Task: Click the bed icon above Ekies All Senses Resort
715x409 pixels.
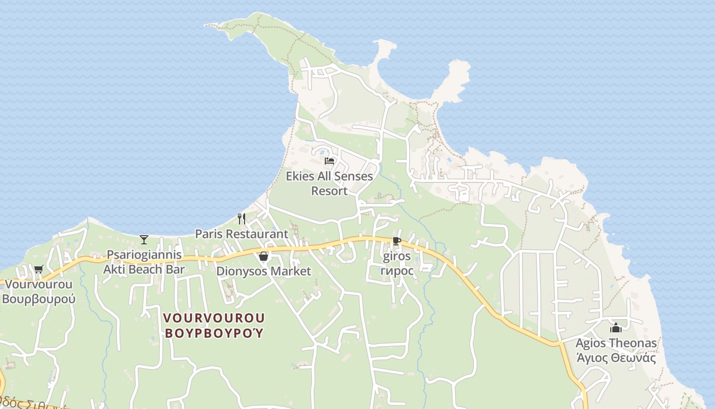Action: [x=329, y=161]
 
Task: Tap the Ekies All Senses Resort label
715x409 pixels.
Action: [x=329, y=177]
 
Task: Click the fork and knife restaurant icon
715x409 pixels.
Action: [x=242, y=219]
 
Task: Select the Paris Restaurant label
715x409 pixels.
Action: [x=242, y=234]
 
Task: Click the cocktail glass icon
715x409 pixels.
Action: [x=144, y=239]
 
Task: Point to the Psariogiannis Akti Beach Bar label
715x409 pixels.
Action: [x=144, y=262]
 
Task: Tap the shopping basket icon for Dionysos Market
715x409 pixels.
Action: [x=264, y=256]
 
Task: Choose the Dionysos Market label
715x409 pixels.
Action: [x=264, y=271]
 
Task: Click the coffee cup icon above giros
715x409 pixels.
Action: [x=397, y=241]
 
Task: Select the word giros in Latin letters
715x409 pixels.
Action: [x=397, y=256]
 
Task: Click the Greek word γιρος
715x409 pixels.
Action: [x=397, y=271]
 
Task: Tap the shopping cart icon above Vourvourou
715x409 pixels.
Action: [x=38, y=269]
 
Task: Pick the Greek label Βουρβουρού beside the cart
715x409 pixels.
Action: [x=39, y=299]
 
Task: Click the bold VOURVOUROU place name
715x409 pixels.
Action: [x=214, y=318]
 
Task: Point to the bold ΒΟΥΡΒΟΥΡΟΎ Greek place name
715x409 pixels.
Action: [x=214, y=333]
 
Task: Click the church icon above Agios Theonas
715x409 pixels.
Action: [x=616, y=328]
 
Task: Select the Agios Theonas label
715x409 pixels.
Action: [x=616, y=343]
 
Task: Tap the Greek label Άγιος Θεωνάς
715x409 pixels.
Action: [x=616, y=358]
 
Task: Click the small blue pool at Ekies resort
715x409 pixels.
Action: [x=322, y=150]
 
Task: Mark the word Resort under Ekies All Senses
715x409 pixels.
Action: [x=329, y=191]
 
